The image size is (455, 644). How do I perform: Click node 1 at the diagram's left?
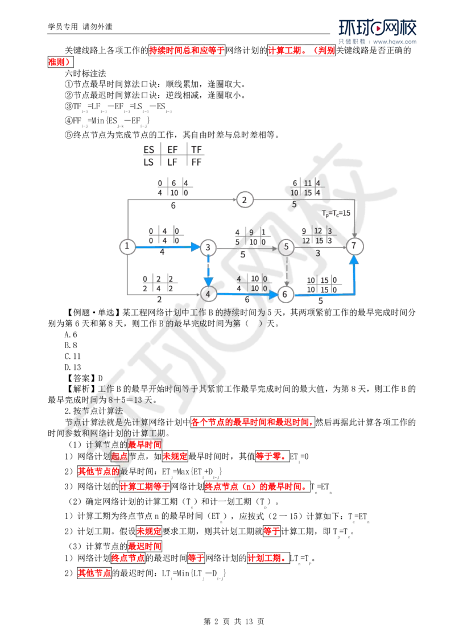click(126, 246)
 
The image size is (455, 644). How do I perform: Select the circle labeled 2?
click(245, 200)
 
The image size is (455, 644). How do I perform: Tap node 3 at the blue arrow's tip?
click(209, 246)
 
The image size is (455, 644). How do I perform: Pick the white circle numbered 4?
click(209, 294)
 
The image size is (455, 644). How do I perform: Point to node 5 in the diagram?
click(287, 246)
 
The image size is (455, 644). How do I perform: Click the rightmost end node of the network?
click(355, 246)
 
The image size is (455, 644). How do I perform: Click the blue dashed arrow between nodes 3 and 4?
click(209, 270)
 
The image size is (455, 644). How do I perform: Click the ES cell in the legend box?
click(149, 151)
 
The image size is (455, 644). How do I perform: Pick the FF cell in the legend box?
click(196, 162)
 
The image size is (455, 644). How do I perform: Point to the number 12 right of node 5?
click(318, 231)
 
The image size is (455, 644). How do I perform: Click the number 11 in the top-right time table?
click(308, 183)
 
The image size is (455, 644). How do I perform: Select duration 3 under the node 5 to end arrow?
click(318, 254)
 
